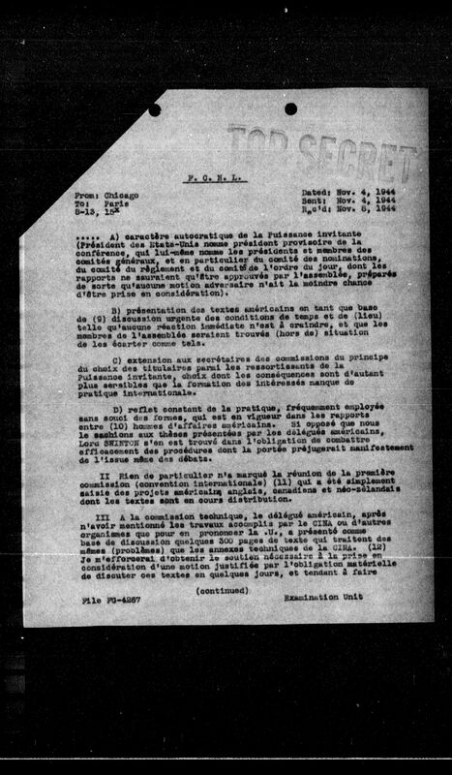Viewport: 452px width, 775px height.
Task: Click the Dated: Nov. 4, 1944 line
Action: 342,195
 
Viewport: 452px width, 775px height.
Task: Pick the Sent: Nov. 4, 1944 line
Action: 342,203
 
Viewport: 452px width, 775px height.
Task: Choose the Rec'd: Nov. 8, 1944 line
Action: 342,212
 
